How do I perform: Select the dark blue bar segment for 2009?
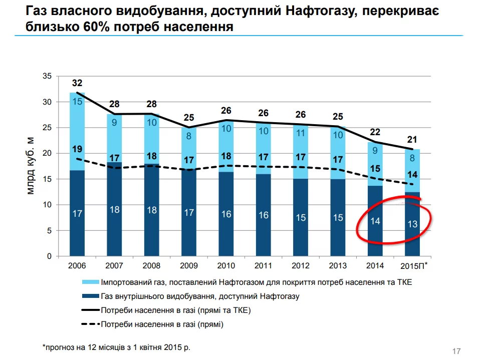click(189, 213)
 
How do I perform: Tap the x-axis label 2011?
click(264, 265)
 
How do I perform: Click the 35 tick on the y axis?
click(48, 76)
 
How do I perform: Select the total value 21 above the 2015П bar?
click(412, 140)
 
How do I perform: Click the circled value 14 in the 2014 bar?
click(375, 221)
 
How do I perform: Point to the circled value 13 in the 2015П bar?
click(412, 224)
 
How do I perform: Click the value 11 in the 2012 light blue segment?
click(301, 133)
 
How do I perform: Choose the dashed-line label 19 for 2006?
click(77, 149)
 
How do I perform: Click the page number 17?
click(456, 351)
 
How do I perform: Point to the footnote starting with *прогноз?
click(117, 346)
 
